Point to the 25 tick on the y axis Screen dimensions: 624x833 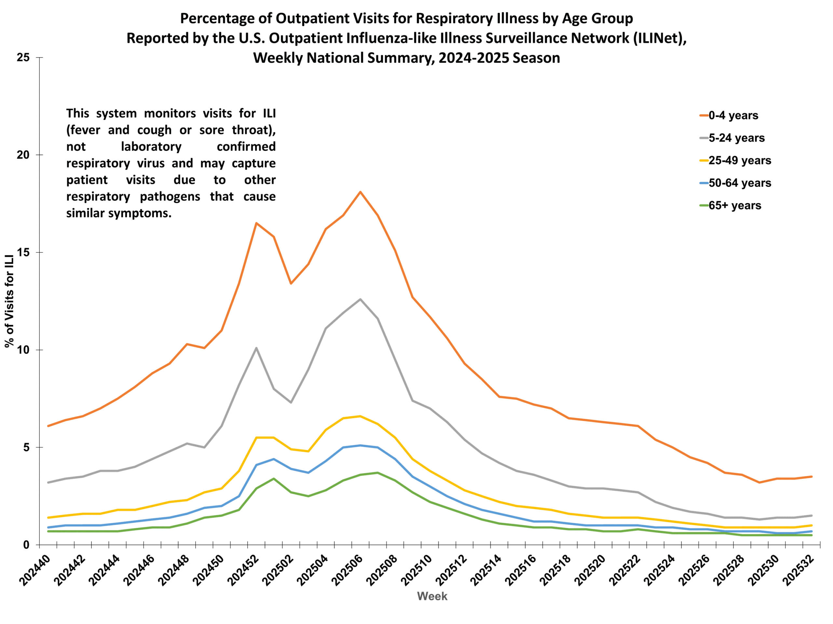pos(23,58)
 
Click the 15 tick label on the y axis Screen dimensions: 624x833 pos(23,253)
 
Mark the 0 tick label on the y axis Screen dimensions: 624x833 pos(26,545)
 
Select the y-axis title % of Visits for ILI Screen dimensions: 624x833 pos(9,301)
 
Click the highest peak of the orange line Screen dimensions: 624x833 pos(361,192)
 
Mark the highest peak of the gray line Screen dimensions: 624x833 pos(361,299)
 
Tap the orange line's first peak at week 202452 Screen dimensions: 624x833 pos(256,223)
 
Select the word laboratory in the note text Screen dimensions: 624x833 pos(151,146)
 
